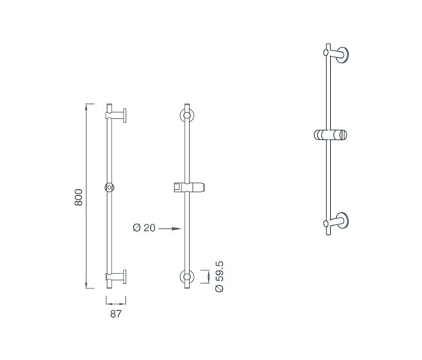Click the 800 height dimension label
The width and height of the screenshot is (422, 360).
(x=78, y=197)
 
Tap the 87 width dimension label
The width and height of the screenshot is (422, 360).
(x=116, y=314)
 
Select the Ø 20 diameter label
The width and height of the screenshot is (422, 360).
(x=144, y=228)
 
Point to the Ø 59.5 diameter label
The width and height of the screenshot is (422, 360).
(x=219, y=276)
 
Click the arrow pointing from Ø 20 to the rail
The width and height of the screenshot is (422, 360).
(x=170, y=229)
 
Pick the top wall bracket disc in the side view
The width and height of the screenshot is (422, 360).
(x=125, y=116)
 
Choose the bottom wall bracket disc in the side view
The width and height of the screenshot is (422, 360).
(x=125, y=276)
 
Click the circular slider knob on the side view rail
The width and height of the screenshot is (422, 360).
(x=109, y=188)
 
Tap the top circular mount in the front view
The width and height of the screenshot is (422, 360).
(x=187, y=115)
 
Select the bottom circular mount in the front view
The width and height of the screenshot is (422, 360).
(x=187, y=276)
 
